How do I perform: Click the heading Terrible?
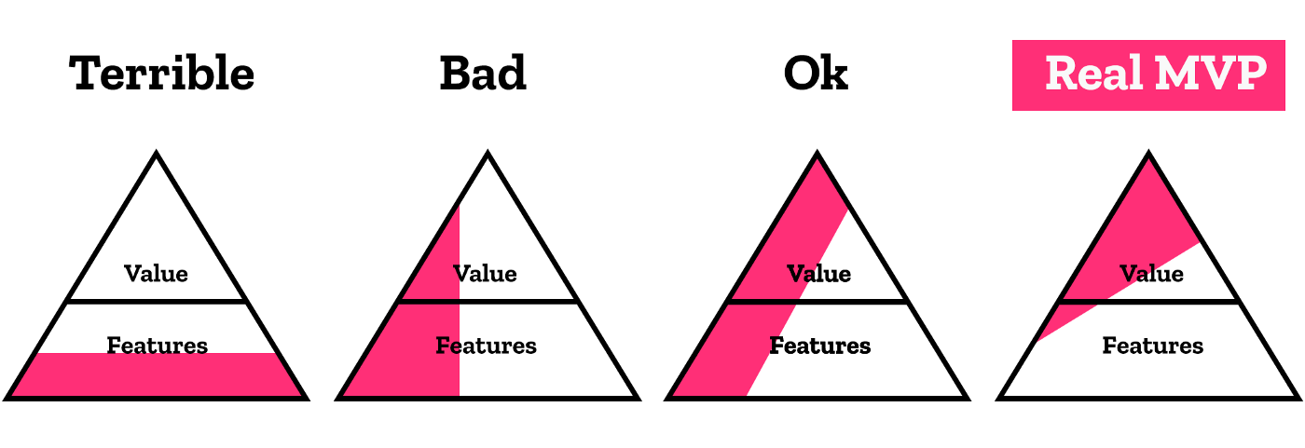tap(161, 74)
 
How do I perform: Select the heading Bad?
tap(483, 74)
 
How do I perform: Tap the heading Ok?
tap(816, 74)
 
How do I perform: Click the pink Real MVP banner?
tap(1148, 75)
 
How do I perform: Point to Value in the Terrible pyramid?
tap(157, 274)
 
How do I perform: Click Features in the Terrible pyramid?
tap(158, 346)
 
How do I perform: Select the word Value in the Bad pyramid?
tap(485, 274)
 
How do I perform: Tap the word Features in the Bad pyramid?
tap(486, 346)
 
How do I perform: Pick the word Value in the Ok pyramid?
tap(818, 274)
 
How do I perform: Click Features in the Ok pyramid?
tap(819, 346)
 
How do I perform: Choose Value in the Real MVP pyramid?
tap(1151, 274)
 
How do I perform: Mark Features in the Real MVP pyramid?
tap(1152, 346)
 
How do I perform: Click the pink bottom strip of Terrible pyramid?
tap(157, 374)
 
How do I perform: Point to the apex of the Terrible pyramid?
tap(157, 153)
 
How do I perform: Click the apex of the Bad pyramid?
tap(488, 153)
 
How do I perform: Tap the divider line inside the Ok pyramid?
tap(817, 302)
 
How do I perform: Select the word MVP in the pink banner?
tap(1211, 74)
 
